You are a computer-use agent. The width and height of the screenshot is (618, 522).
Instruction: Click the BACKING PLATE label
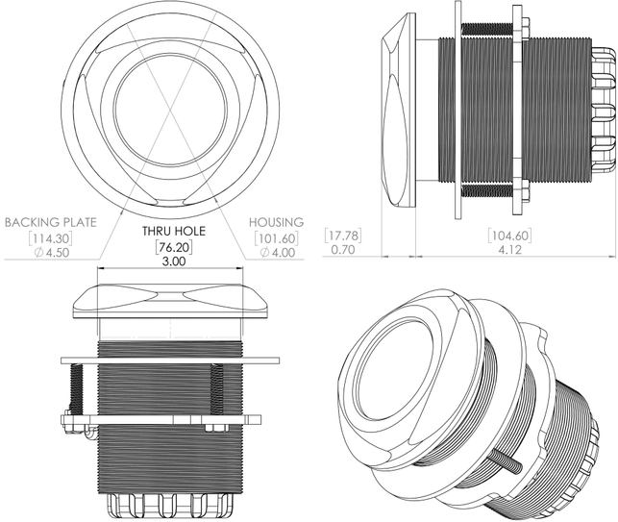pyautogui.click(x=50, y=222)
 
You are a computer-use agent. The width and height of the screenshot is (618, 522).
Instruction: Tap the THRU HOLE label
pyautogui.click(x=174, y=231)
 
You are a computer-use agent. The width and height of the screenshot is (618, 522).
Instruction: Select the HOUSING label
pyautogui.click(x=276, y=222)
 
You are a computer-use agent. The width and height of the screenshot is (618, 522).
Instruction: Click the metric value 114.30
pyautogui.click(x=50, y=238)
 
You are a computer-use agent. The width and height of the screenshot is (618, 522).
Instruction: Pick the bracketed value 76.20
pyautogui.click(x=174, y=248)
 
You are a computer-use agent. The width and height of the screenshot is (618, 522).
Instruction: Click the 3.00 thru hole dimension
pyautogui.click(x=174, y=261)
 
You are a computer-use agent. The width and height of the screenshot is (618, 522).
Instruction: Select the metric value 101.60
pyautogui.click(x=276, y=238)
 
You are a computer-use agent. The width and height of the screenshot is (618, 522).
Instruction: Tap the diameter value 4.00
pyautogui.click(x=278, y=253)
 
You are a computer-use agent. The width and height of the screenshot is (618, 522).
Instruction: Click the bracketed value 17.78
pyautogui.click(x=343, y=236)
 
